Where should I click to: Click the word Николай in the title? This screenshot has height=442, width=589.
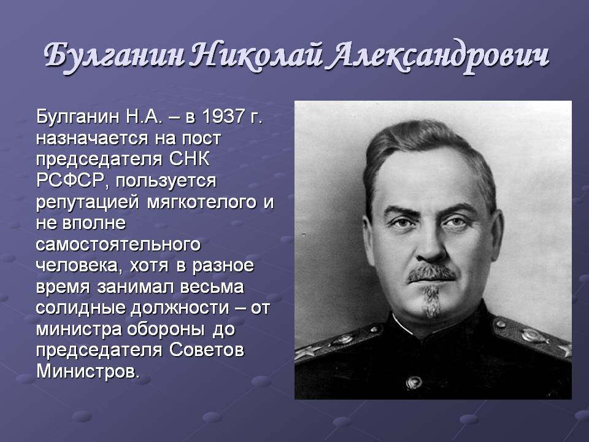pyautogui.click(x=257, y=57)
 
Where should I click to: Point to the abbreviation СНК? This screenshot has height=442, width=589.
pyautogui.click(x=189, y=158)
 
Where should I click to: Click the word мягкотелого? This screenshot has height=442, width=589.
pyautogui.click(x=201, y=202)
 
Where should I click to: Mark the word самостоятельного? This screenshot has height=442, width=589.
pyautogui.click(x=118, y=244)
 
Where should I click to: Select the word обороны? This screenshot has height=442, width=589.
pyautogui.click(x=166, y=330)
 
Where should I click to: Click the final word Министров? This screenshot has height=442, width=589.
pyautogui.click(x=88, y=371)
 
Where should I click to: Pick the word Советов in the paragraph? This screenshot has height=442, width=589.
pyautogui.click(x=207, y=350)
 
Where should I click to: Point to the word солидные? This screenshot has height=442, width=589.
pyautogui.click(x=81, y=308)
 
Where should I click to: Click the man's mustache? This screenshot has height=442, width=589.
pyautogui.click(x=431, y=273)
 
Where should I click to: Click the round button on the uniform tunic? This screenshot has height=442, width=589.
pyautogui.click(x=414, y=382)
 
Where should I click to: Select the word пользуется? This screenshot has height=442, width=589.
pyautogui.click(x=166, y=181)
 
